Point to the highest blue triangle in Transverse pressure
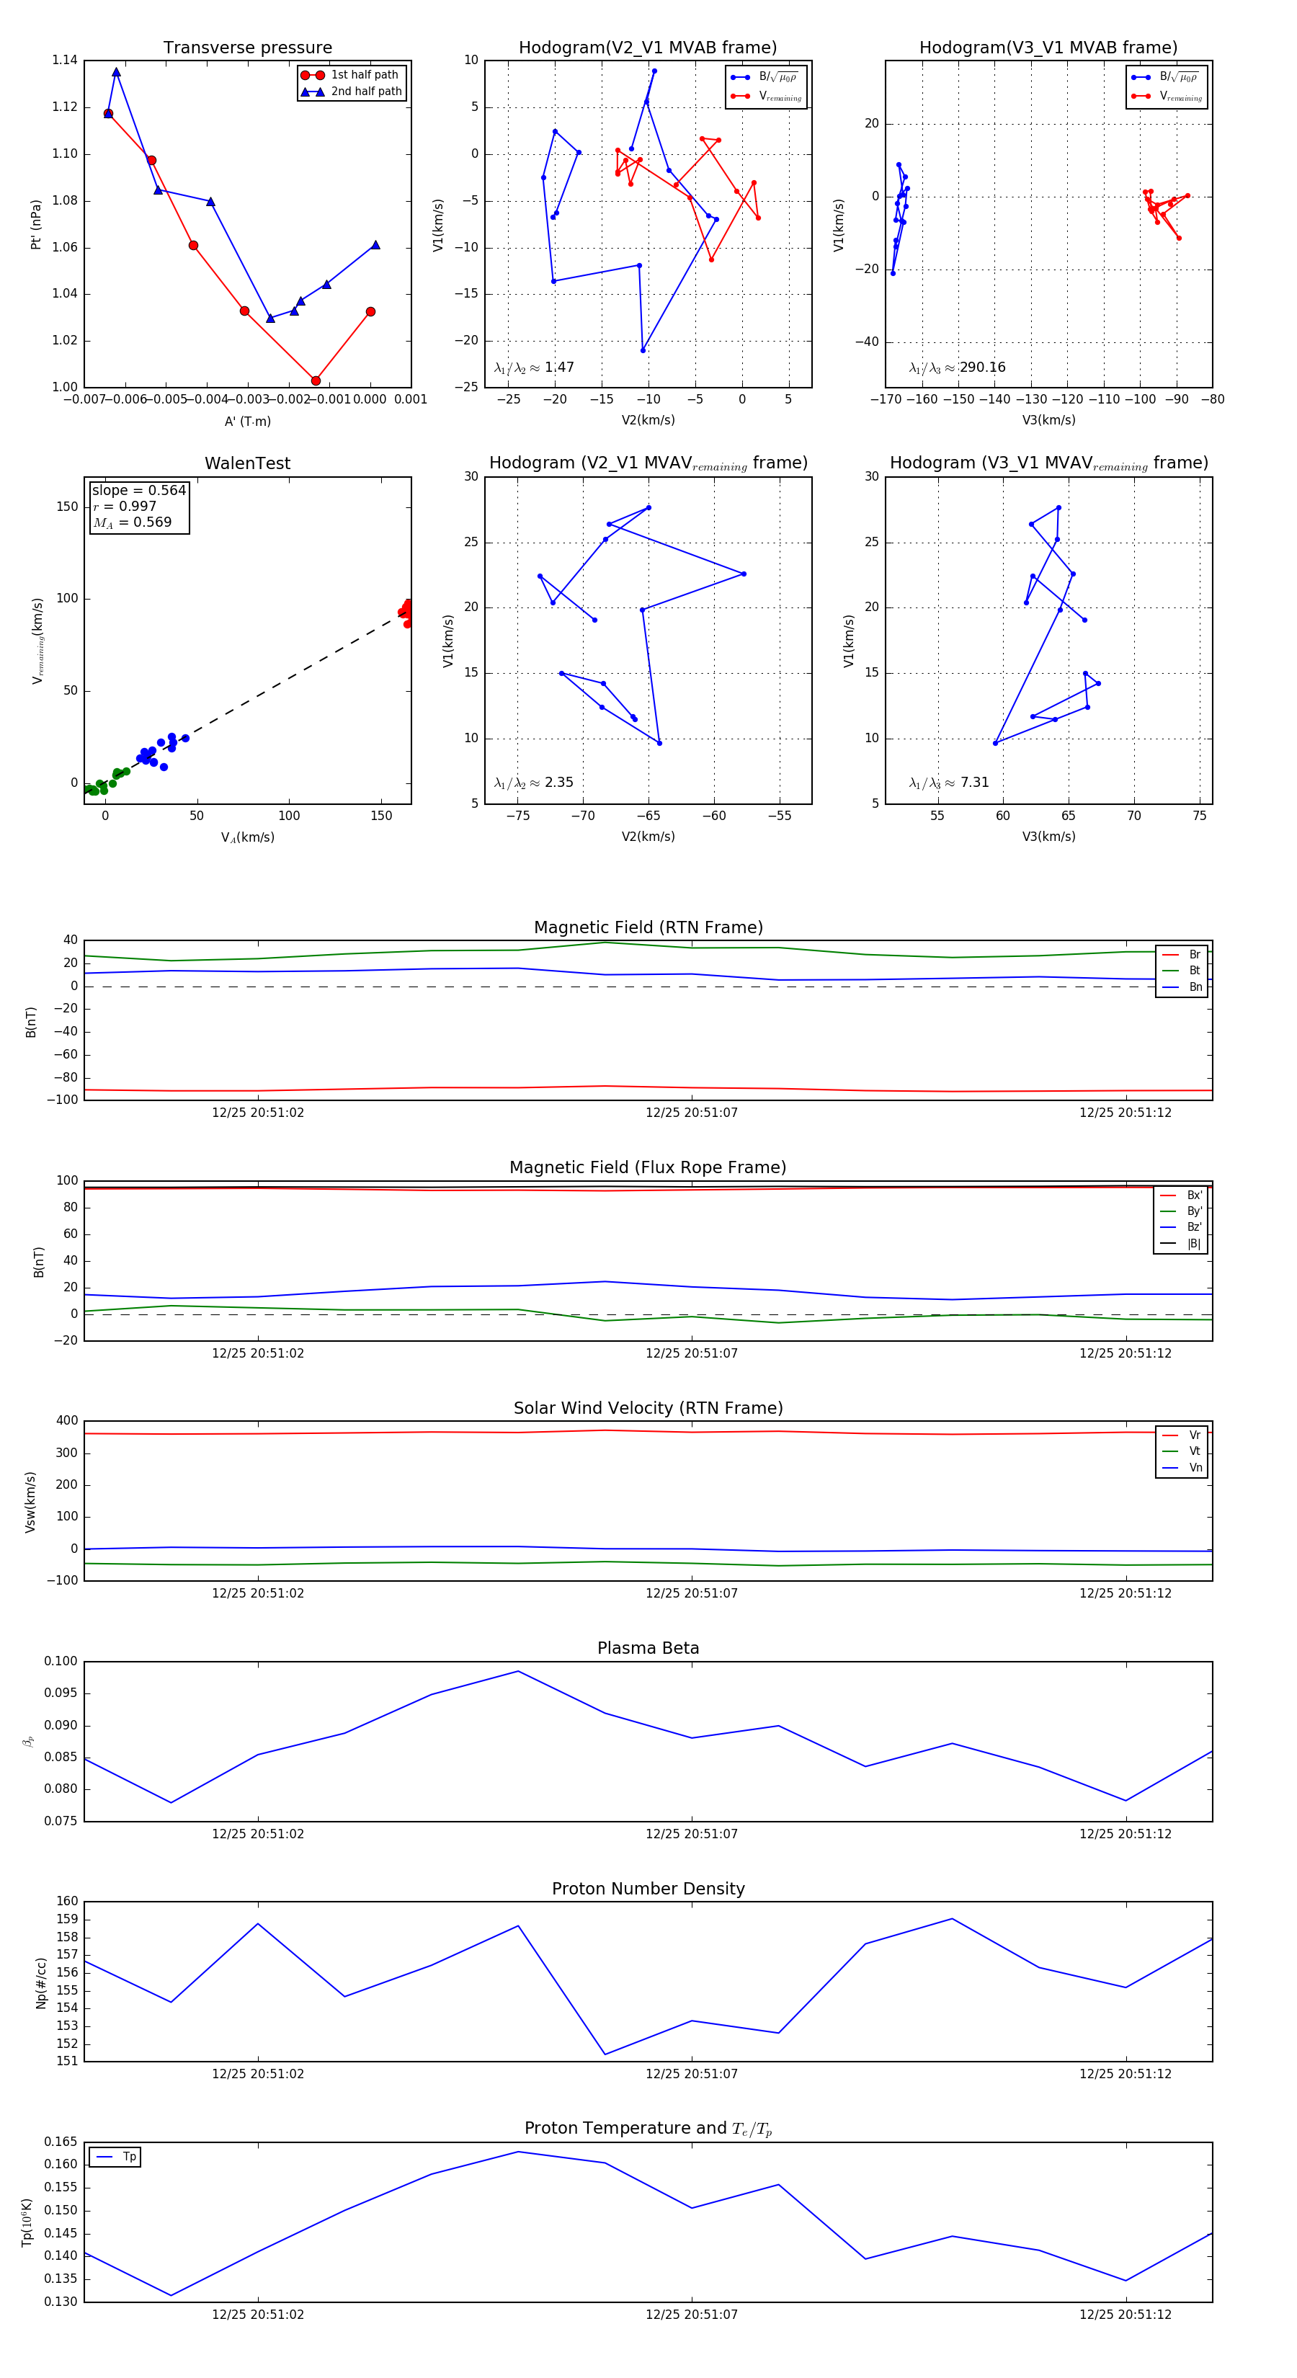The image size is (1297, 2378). click(x=116, y=72)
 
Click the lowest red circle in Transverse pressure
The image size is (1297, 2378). click(x=316, y=380)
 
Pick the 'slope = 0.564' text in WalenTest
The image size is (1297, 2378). click(x=138, y=490)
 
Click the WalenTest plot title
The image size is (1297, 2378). click(x=247, y=463)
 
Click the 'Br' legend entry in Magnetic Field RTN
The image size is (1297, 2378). click(x=1194, y=955)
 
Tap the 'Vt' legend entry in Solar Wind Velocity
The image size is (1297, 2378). click(x=1194, y=1451)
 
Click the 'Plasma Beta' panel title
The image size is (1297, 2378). click(x=648, y=1648)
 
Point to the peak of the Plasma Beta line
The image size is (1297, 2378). click(x=518, y=1671)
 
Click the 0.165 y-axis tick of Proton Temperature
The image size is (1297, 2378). click(x=61, y=2142)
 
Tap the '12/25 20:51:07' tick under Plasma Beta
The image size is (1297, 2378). click(x=692, y=1833)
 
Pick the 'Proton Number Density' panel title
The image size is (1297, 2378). click(x=648, y=1888)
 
